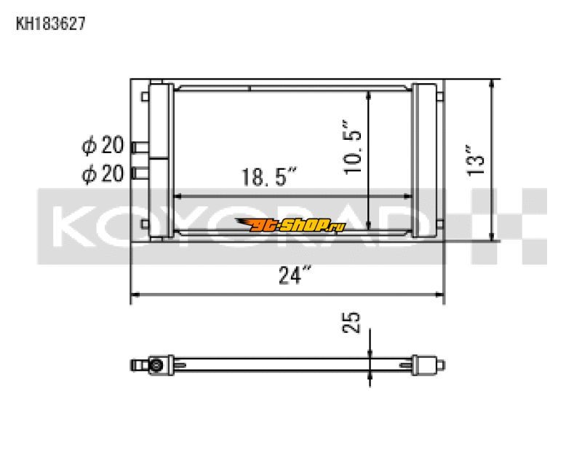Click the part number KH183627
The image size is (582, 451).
point(51,24)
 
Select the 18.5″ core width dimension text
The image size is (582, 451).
point(270,177)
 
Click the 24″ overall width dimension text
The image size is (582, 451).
point(295,275)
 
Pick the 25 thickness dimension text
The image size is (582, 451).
point(352,321)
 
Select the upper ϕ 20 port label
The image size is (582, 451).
point(103,146)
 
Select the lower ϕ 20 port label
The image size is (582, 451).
point(103,173)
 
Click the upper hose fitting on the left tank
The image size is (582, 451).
point(139,147)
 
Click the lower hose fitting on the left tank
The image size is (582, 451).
point(139,173)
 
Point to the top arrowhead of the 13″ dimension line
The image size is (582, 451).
point(494,82)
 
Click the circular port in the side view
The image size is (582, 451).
point(156,364)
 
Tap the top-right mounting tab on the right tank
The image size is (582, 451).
point(441,95)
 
